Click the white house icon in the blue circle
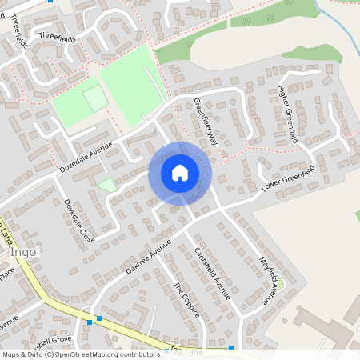pyautogui.click(x=180, y=173)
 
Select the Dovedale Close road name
pyautogui.click(x=79, y=221)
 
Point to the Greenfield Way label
pyautogui.click(x=206, y=121)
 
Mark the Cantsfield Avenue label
pyautogui.click(x=212, y=273)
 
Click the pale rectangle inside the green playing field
pyautogui.click(x=95, y=98)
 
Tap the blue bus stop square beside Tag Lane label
pyautogui.click(x=230, y=347)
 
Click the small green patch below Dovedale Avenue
pyautogui.click(x=106, y=185)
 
